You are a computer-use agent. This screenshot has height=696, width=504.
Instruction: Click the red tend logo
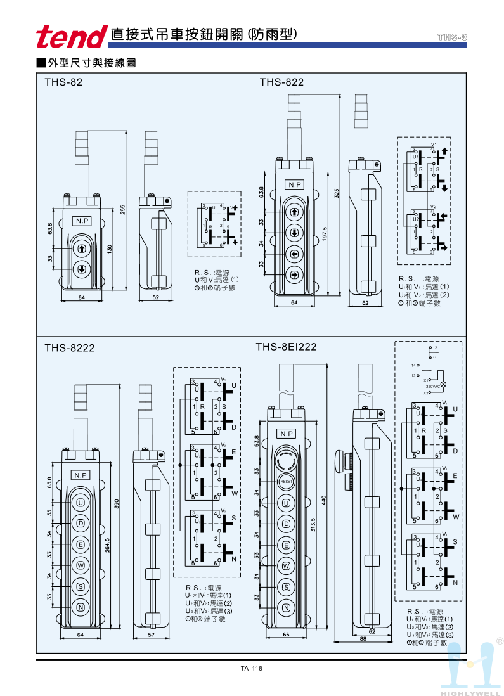[x=71, y=37]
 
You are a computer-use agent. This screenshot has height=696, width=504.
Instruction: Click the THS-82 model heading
[x=63, y=82]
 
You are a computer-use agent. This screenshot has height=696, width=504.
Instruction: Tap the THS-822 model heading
[x=281, y=82]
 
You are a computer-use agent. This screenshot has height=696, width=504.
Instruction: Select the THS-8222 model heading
[x=70, y=347]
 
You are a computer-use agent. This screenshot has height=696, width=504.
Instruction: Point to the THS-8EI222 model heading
[x=286, y=347]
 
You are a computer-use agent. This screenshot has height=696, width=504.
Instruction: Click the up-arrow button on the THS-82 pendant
[x=82, y=248]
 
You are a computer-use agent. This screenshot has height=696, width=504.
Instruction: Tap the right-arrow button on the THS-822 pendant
[x=294, y=275]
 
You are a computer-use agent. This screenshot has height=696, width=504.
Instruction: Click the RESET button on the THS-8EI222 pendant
[x=286, y=482]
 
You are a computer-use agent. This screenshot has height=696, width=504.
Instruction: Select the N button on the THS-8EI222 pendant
[x=286, y=608]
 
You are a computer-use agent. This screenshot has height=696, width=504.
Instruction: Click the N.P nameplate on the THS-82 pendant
[x=82, y=221]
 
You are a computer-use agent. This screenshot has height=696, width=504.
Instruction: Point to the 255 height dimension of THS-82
[x=124, y=209]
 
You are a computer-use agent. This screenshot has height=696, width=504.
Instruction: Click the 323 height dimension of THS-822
[x=337, y=192]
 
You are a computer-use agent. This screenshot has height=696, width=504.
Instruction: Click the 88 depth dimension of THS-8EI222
[x=363, y=640]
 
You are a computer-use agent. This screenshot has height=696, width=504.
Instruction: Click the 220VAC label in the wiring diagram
[x=433, y=385]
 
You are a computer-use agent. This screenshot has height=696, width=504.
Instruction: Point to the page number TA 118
[x=252, y=669]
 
